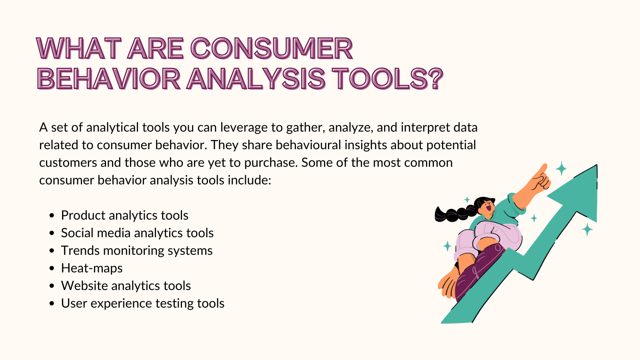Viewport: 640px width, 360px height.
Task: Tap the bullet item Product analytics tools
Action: [x=124, y=216]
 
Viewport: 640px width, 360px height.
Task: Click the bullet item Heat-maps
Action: [x=92, y=268]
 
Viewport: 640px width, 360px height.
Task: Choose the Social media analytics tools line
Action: [x=137, y=233]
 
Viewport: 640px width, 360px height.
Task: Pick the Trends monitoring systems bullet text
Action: [x=136, y=251]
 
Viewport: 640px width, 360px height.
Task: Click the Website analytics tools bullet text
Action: [x=126, y=286]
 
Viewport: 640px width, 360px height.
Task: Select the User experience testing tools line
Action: [x=142, y=304]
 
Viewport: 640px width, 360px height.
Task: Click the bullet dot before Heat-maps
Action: [x=52, y=268]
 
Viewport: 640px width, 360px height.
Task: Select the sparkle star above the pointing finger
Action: [x=561, y=168]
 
